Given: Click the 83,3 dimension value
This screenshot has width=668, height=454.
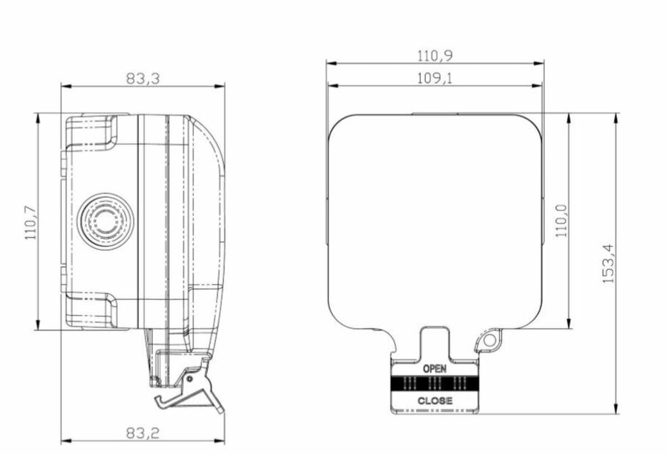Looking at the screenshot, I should coord(143,79).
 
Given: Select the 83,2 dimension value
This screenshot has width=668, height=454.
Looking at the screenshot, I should coord(143,433).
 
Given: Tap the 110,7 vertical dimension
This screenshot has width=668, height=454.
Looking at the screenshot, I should coord(31,222).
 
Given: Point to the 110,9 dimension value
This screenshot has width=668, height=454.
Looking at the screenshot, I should coord(435,56).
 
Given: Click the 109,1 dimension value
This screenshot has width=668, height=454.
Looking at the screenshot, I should coord(435,78).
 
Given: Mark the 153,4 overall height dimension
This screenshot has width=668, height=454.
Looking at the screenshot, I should coord(608,263).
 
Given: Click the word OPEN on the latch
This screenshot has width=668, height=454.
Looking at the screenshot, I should coord(435,368).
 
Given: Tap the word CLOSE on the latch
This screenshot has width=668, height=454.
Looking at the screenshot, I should coord(435,401).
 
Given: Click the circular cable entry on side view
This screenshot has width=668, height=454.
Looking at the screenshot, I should coord(105,222).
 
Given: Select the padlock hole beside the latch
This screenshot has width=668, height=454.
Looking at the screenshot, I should coord(489,339).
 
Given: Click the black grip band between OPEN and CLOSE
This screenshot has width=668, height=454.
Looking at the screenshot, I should coord(435,383).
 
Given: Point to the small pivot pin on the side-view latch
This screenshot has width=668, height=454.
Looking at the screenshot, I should coord(190,379).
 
